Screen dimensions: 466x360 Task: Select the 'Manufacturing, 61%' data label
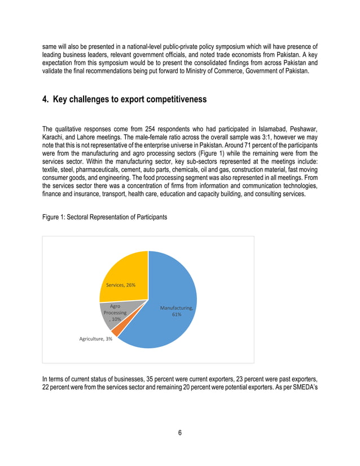[x=177, y=311]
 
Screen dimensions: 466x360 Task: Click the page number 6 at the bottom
[x=179, y=433]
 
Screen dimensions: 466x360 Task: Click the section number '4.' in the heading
[x=46, y=99]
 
